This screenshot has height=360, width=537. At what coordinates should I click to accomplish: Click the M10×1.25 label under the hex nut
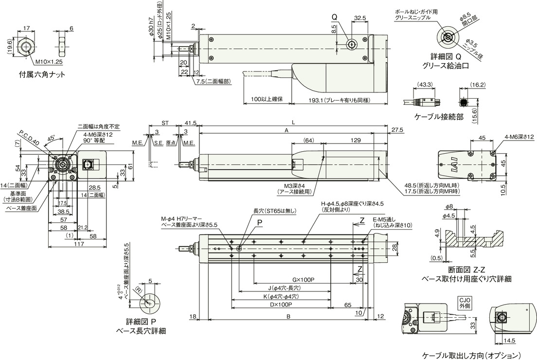coord(49,62)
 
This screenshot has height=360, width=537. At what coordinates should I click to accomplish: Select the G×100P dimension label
coord(304,281)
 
